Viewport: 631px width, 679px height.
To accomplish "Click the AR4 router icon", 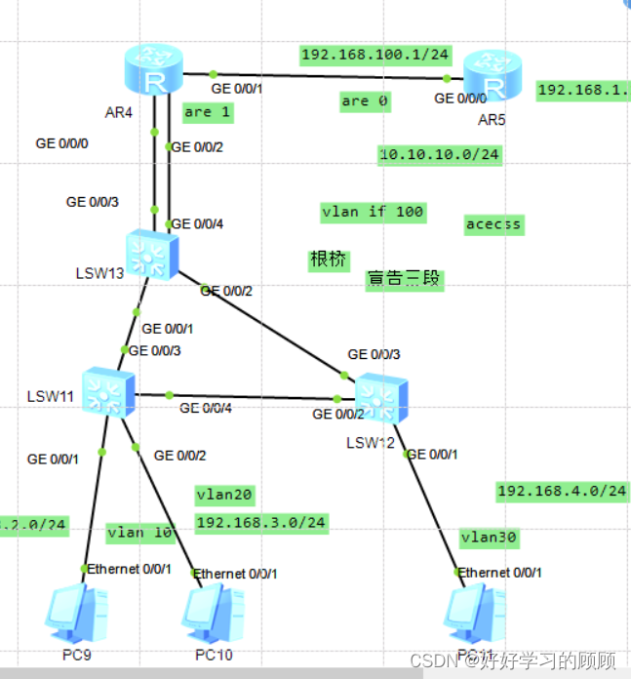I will (154, 73).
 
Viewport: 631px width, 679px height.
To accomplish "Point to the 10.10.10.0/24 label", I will (439, 154).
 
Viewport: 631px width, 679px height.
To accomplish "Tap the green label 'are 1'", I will (207, 112).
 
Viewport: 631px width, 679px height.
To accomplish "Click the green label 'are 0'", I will (366, 100).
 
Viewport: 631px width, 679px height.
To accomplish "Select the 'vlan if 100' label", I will (373, 212).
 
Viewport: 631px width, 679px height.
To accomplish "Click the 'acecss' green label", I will (493, 224).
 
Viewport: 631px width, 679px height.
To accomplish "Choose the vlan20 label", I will (224, 494).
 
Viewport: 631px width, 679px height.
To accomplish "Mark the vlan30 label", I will (489, 538).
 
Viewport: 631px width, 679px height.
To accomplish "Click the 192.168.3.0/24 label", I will (261, 523).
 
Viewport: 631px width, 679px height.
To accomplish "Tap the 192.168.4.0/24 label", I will (562, 490).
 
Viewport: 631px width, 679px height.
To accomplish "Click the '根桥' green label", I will (328, 260).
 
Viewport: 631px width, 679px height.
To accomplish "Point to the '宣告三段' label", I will (404, 278).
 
